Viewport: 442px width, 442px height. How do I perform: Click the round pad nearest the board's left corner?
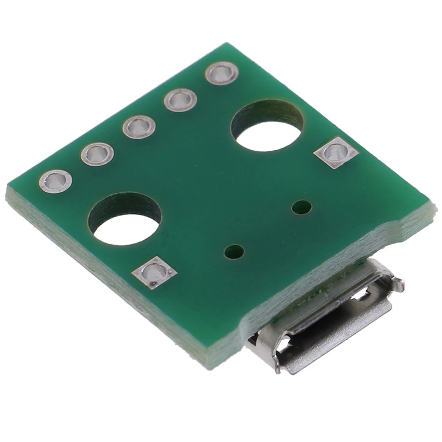tap(56, 181)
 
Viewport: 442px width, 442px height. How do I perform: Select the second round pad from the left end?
tap(97, 154)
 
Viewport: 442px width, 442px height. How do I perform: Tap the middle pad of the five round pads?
tap(138, 127)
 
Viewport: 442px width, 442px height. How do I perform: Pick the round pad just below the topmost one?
tap(181, 100)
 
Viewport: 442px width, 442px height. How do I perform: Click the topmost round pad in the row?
tap(222, 73)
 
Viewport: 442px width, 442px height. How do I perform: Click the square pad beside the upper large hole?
tap(335, 152)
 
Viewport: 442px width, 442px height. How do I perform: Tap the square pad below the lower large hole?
tap(155, 272)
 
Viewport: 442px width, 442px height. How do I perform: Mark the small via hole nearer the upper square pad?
tap(301, 208)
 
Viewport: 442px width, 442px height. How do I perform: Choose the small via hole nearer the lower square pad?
tap(234, 252)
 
